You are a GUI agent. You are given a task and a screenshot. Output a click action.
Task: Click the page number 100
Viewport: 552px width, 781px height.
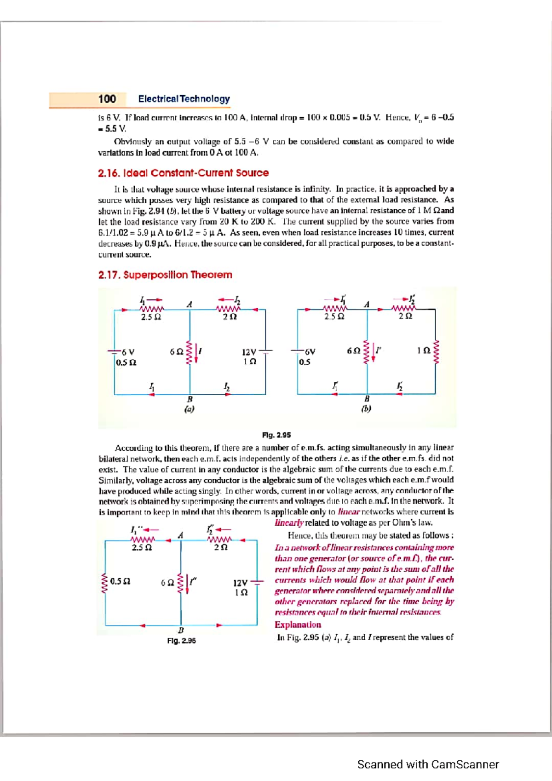coord(107,99)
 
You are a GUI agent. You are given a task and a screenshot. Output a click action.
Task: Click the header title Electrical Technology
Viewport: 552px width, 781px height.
coord(184,99)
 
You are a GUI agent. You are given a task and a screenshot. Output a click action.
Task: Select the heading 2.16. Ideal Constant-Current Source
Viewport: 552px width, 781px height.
coord(183,173)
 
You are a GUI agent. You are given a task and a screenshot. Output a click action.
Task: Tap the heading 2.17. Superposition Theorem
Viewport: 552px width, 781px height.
coord(165,275)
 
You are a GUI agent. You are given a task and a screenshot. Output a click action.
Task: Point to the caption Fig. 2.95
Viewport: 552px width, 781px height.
coord(276,435)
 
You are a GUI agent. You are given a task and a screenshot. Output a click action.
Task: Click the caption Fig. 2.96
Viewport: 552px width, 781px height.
coord(181,640)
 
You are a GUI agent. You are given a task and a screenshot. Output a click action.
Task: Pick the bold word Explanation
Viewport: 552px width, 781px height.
coord(298,625)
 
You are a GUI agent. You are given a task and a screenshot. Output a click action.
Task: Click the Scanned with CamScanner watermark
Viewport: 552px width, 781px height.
coord(428,764)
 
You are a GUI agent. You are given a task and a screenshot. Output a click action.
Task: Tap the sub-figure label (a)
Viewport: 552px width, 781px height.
coord(189,408)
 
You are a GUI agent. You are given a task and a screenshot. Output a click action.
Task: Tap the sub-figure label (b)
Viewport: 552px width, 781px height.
coord(366,408)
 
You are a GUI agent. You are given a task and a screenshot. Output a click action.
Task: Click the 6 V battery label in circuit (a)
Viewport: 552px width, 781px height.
coord(128,352)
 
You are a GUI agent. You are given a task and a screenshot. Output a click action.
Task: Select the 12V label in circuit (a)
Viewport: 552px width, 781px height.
coord(249,352)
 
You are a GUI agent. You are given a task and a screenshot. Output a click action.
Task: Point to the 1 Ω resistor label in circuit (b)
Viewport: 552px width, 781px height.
coord(423,351)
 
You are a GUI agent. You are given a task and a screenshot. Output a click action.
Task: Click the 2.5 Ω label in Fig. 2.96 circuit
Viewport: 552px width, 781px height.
coord(142,548)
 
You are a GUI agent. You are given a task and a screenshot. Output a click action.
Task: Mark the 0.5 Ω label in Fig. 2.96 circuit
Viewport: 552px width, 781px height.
coord(120,581)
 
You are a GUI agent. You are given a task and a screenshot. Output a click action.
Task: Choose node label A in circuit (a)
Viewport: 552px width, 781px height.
coord(189,304)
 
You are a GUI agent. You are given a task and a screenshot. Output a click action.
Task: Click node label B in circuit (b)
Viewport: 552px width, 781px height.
coord(367,398)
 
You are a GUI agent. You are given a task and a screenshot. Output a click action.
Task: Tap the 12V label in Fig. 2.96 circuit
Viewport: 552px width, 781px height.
coord(240,583)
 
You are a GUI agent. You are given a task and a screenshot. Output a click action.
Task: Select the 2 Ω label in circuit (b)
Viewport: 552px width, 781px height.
coord(405,316)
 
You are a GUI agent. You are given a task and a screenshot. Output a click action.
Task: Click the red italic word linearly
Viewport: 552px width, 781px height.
coord(289,523)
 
